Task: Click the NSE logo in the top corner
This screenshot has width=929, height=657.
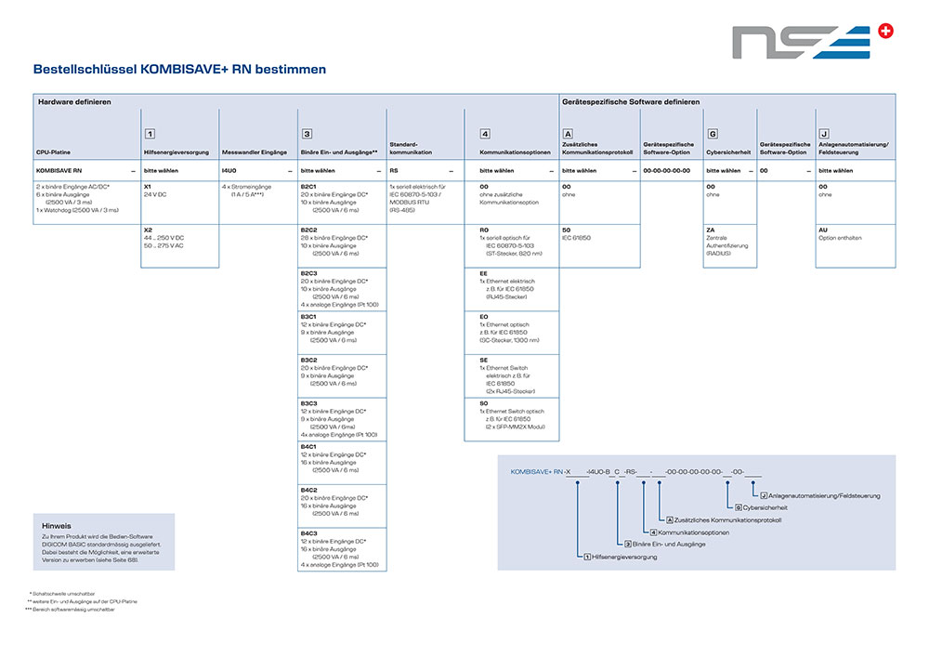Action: pyautogui.click(x=812, y=42)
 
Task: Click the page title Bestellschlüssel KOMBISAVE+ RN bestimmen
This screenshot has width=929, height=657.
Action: pyautogui.click(x=179, y=70)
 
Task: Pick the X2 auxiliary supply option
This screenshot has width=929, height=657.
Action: pyautogui.click(x=147, y=229)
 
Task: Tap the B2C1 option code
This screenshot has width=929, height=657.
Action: pyautogui.click(x=308, y=186)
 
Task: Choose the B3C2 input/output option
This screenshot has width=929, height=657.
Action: pyautogui.click(x=308, y=359)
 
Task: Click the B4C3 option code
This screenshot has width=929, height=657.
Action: pyautogui.click(x=308, y=532)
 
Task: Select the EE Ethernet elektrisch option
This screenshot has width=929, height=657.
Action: pyautogui.click(x=483, y=272)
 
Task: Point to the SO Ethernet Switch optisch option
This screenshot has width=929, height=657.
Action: pyautogui.click(x=483, y=403)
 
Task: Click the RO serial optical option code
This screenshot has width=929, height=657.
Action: pyautogui.click(x=483, y=229)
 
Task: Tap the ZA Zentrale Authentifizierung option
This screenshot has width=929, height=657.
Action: pyautogui.click(x=710, y=229)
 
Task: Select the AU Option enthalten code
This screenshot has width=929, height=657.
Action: pyautogui.click(x=823, y=229)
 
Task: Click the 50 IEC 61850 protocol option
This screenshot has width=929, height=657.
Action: pyautogui.click(x=566, y=229)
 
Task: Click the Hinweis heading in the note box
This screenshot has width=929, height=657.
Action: pyautogui.click(x=57, y=525)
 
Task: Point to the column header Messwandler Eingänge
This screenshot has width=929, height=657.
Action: pyautogui.click(x=255, y=151)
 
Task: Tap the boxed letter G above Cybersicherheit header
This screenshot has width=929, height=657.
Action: pyautogui.click(x=712, y=134)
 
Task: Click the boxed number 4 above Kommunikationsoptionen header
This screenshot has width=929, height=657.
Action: pyautogui.click(x=485, y=134)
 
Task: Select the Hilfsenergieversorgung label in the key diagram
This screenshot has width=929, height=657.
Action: pyautogui.click(x=624, y=557)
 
